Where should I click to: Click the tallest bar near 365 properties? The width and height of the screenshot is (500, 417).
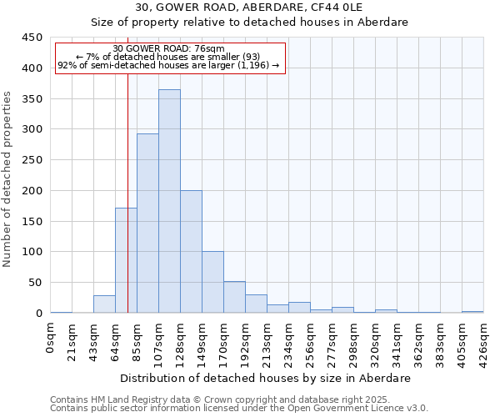(169, 201)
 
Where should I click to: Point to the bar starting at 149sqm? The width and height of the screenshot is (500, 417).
(212, 282)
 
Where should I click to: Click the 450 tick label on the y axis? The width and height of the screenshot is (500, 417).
(32, 38)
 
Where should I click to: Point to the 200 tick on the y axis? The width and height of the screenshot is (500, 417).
(32, 191)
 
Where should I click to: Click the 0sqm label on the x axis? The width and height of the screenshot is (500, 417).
(51, 339)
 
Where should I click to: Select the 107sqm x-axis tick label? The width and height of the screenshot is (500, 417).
(159, 344)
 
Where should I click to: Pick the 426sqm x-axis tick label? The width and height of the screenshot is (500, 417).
(484, 344)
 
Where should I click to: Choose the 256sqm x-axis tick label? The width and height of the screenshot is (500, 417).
(311, 344)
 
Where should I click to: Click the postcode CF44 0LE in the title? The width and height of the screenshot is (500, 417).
(370, 8)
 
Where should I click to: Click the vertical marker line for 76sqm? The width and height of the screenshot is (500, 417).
(127, 208)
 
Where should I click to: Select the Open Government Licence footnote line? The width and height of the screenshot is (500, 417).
(239, 408)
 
